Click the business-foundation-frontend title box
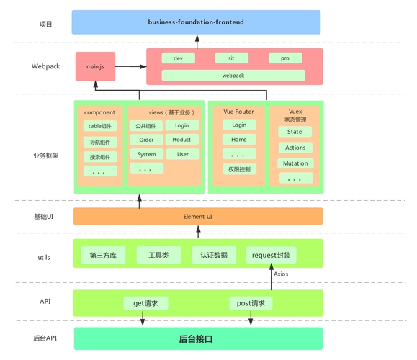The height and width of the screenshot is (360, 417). [196, 22]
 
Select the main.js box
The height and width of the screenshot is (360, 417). [95, 66]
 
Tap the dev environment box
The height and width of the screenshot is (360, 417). [178, 58]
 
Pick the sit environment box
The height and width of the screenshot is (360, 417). [231, 58]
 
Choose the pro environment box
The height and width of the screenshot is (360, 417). [285, 58]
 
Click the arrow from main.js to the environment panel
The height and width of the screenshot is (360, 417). [130, 66]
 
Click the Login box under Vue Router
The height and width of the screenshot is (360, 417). [238, 125]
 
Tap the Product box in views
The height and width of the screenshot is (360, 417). [182, 140]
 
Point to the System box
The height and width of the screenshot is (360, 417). [146, 154]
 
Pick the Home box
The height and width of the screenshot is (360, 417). [238, 140]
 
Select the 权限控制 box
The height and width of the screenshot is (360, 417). [238, 169]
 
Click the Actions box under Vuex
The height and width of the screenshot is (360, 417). [295, 148]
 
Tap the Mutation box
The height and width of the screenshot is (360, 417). [295, 163]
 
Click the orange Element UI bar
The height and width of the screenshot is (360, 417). [198, 216]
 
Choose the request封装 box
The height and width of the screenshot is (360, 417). [272, 255]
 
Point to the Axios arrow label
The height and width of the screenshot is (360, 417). [281, 274]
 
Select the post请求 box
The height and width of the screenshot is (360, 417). [251, 303]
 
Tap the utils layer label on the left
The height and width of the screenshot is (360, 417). [43, 257]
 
